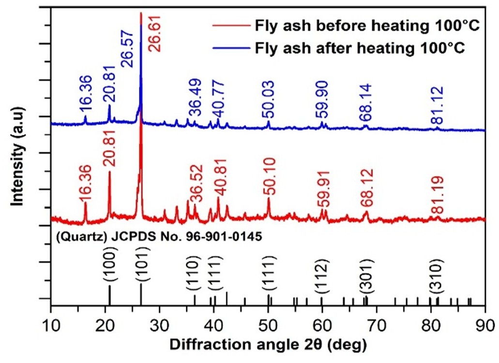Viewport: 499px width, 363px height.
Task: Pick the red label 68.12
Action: tap(366, 193)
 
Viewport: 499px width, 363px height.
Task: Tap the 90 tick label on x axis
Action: tap(484, 321)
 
